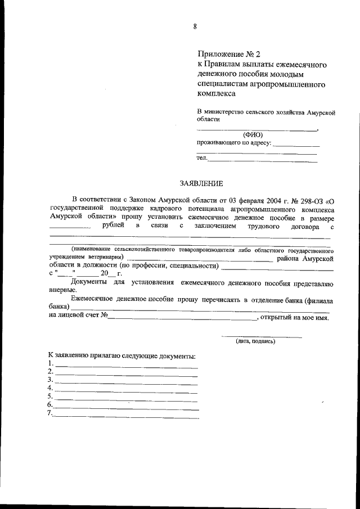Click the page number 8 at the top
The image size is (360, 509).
click(195, 26)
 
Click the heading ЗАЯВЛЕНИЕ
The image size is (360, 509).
click(201, 183)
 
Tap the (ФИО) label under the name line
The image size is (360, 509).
click(253, 134)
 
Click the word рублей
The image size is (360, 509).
click(114, 226)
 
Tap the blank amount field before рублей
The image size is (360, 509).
click(70, 227)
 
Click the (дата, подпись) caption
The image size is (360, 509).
click(255, 341)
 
